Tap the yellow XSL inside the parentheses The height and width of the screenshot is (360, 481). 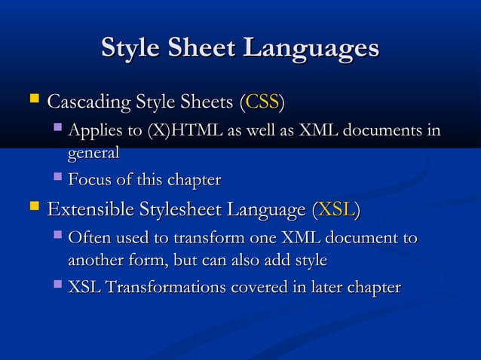[x=335, y=209]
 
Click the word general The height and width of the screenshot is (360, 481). [x=93, y=152]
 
